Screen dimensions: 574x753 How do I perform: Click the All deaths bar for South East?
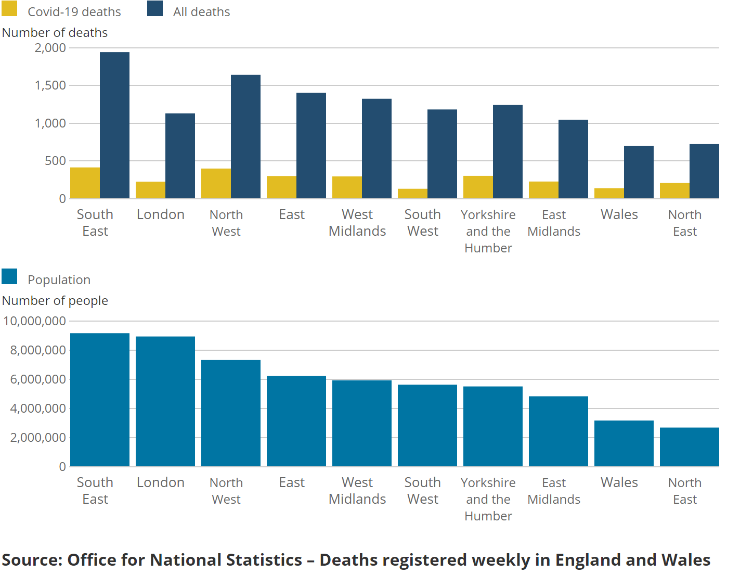(114, 125)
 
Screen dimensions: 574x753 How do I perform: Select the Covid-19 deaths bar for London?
(150, 190)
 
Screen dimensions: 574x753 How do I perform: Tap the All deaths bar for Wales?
(639, 172)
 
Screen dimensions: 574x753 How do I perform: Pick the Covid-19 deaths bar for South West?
(412, 194)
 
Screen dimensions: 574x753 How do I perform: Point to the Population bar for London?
(165, 401)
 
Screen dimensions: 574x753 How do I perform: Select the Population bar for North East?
(689, 447)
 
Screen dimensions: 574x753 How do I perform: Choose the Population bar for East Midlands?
(559, 431)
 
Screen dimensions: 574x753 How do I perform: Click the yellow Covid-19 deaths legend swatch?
(9, 8)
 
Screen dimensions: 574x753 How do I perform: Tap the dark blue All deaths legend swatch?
(155, 8)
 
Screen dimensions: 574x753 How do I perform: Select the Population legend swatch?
(9, 276)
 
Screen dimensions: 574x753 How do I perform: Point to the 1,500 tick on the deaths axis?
(50, 85)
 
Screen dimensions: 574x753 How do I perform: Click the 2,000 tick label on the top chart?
(50, 48)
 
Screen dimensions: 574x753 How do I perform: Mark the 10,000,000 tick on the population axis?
(35, 321)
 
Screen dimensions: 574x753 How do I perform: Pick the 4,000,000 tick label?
(38, 409)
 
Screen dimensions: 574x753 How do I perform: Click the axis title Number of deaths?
(55, 33)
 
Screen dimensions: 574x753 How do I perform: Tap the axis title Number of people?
(55, 301)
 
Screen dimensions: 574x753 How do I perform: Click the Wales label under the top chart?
(619, 214)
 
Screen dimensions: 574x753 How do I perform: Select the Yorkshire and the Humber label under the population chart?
(488, 499)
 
